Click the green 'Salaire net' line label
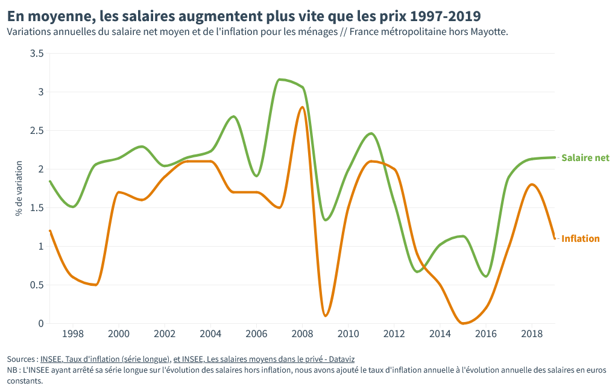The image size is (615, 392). (x=585, y=158)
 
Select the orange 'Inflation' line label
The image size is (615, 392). (x=580, y=239)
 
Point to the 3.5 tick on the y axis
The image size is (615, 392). (x=37, y=54)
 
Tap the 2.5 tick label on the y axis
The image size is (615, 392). (x=37, y=131)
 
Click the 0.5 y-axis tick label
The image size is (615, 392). (x=37, y=285)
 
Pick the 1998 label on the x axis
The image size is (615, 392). (x=73, y=334)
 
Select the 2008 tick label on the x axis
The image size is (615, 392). (x=302, y=334)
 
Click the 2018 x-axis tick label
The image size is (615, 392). (x=531, y=334)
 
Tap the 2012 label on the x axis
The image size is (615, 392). (x=394, y=334)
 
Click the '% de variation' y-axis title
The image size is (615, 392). (x=19, y=188)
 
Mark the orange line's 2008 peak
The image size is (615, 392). (x=302, y=107)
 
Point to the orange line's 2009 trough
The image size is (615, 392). (x=326, y=315)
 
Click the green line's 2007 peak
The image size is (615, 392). (x=279, y=80)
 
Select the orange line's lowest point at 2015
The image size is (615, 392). (x=463, y=323)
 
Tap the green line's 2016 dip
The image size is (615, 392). (x=486, y=276)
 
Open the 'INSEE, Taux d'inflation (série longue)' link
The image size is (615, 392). (x=105, y=359)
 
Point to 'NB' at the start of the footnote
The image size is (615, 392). (x=12, y=370)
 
